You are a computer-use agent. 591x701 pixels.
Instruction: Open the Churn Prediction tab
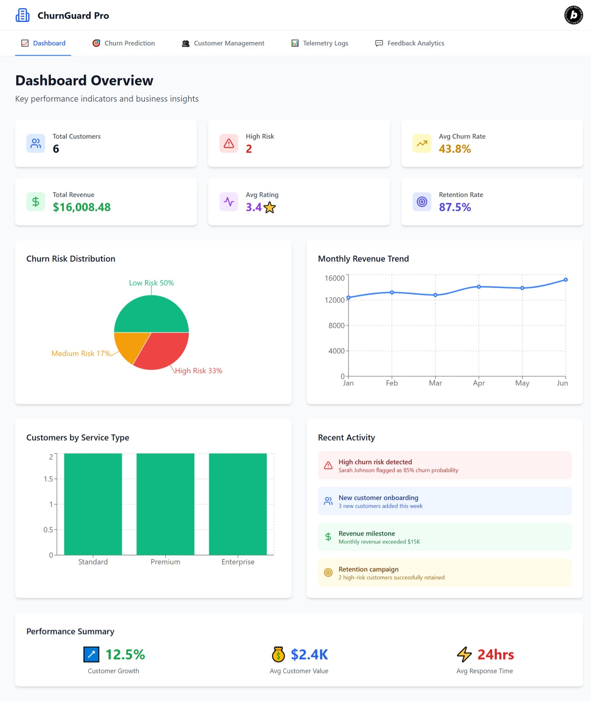point(124,43)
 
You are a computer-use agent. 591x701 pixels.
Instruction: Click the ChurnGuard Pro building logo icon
point(23,15)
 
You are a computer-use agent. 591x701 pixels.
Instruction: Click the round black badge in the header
point(573,15)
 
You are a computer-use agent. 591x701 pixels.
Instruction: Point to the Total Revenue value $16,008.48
point(82,207)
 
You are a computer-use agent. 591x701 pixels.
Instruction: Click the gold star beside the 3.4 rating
point(270,207)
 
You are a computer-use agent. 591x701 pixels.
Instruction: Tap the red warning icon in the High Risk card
point(229,143)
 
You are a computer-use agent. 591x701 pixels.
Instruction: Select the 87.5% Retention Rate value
point(455,207)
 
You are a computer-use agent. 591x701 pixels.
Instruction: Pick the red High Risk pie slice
point(161,352)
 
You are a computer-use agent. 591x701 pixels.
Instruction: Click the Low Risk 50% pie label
point(151,283)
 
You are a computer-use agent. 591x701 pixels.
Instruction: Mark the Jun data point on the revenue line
point(566,280)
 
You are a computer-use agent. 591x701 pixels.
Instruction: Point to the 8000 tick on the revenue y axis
point(336,325)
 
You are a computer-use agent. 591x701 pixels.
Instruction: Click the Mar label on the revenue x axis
point(435,383)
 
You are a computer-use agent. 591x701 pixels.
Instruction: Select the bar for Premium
point(165,504)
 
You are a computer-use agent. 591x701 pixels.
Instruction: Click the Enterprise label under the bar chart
point(238,562)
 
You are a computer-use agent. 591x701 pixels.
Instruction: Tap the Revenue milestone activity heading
point(367,533)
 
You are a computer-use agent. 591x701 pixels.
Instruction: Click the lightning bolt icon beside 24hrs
point(464,654)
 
